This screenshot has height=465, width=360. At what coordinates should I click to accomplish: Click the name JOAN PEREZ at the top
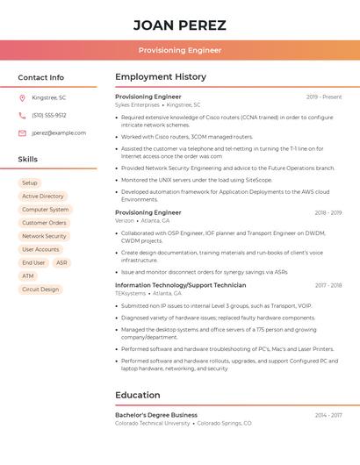[179, 25]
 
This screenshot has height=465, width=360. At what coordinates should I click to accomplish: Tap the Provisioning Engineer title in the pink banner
[179, 50]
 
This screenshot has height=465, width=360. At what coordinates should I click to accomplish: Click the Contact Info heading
[41, 77]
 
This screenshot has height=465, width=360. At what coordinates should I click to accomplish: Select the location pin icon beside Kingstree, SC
[22, 97]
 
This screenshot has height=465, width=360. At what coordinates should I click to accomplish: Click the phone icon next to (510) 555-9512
[22, 115]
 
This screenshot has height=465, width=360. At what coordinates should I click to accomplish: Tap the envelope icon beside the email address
[22, 133]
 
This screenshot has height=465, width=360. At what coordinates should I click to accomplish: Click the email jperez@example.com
[59, 133]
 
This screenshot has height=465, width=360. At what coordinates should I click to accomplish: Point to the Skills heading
[28, 160]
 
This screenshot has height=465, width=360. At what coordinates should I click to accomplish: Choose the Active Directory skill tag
[43, 197]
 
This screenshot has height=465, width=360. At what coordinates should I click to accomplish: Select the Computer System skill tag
[46, 210]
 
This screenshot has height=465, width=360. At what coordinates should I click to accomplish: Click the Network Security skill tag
[44, 236]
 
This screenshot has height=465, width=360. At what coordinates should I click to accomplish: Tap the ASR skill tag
[61, 262]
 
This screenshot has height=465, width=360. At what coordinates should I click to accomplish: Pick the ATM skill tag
[28, 275]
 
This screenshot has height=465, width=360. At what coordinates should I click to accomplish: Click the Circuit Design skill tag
[40, 289]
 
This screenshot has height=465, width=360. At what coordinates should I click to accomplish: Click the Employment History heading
[161, 77]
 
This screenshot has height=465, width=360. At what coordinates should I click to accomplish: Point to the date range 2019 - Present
[324, 97]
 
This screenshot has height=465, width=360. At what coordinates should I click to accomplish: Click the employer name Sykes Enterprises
[138, 104]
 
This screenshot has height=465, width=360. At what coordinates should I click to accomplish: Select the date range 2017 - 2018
[328, 285]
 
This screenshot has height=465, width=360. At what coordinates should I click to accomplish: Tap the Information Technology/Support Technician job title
[181, 285]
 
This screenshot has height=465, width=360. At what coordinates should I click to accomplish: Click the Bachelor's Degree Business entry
[156, 415]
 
